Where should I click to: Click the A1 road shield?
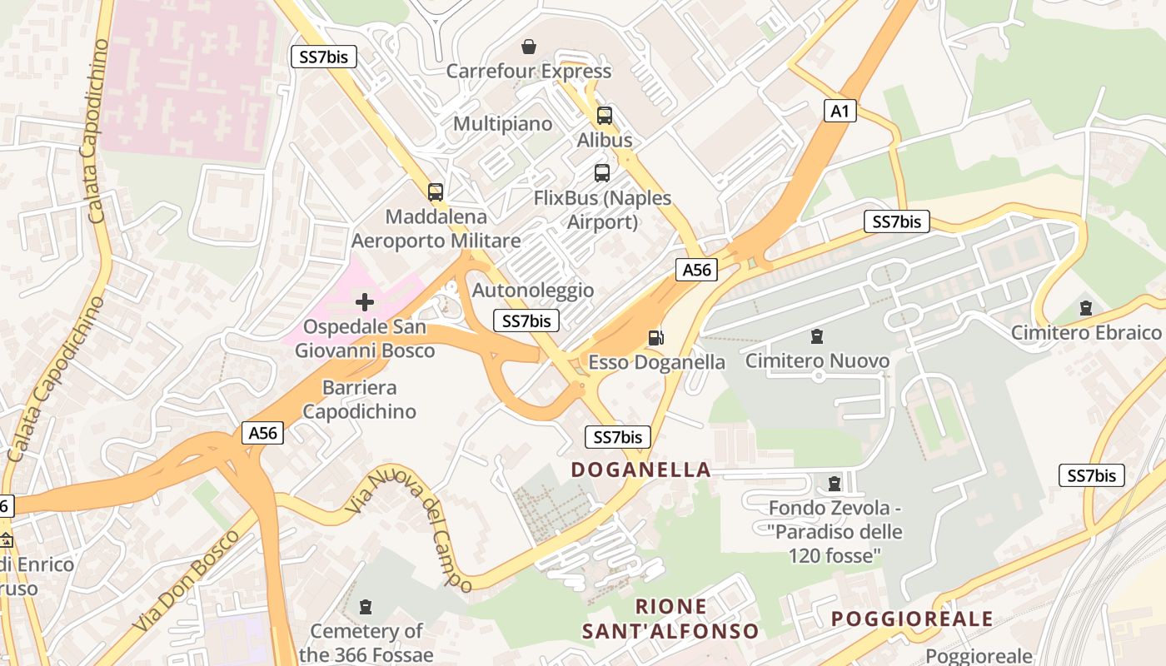click(x=840, y=111)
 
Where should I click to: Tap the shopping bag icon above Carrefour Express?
click(x=528, y=47)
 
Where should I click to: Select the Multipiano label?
click(x=502, y=124)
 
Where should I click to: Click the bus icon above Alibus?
click(x=605, y=116)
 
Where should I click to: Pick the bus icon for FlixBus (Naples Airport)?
click(x=601, y=173)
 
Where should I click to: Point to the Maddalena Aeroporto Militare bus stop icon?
click(x=435, y=192)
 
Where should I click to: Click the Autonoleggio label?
click(x=533, y=291)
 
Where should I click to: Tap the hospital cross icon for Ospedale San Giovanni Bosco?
click(x=365, y=301)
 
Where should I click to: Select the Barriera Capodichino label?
click(x=359, y=400)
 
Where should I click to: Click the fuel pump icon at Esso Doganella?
click(x=656, y=337)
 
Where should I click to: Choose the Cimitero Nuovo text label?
click(x=817, y=361)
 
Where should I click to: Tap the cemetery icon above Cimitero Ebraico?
click(x=1085, y=308)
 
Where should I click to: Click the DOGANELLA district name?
click(x=640, y=470)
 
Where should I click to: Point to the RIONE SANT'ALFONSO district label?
click(x=670, y=619)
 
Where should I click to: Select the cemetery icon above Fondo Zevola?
click(x=834, y=484)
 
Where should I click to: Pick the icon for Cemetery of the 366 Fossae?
click(x=365, y=607)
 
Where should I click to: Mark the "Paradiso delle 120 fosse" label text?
click(x=835, y=543)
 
